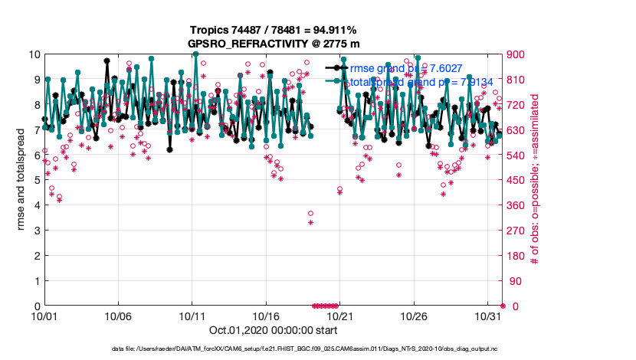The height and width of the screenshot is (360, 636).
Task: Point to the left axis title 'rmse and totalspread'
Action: [x=22, y=180]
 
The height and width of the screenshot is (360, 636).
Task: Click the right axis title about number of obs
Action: [x=534, y=180]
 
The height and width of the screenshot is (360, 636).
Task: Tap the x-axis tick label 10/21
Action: [x=339, y=316]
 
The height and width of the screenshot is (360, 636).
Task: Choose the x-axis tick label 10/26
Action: [x=412, y=316]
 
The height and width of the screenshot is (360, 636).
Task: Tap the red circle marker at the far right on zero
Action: [x=502, y=306]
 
